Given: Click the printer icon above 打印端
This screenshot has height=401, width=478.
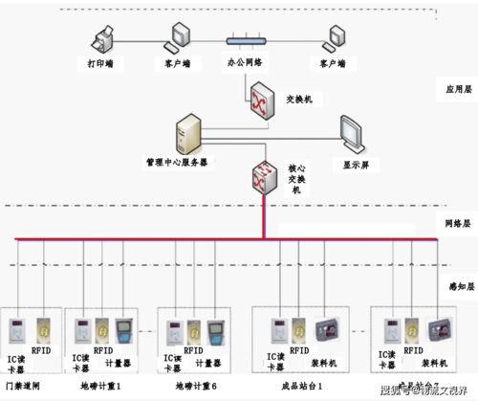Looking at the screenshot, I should point(101,40).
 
